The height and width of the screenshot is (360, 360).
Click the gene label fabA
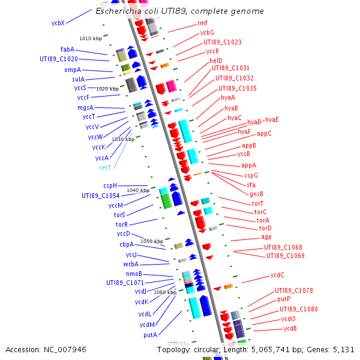pyautogui.click(x=67, y=49)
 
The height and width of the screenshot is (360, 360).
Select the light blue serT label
pyautogui.click(x=105, y=167)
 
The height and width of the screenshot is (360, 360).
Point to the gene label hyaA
pyautogui.click(x=228, y=97)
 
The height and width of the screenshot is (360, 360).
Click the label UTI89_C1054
pyautogui.click(x=100, y=196)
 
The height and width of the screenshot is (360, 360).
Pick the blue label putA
pyautogui.click(x=150, y=335)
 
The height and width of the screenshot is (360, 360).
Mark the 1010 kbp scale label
pyautogui.click(x=91, y=38)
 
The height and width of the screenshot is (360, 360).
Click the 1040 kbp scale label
pyautogui.click(x=137, y=190)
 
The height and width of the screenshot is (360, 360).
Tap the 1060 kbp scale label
pyautogui.click(x=165, y=292)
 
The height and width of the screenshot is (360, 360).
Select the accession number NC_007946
pyautogui.click(x=65, y=349)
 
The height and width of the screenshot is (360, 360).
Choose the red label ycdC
pyautogui.click(x=277, y=275)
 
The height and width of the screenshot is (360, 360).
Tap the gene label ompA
pyautogui.click(x=73, y=70)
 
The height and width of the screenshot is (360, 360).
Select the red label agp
pyautogui.click(x=266, y=237)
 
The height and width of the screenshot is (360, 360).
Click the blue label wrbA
pyautogui.click(x=131, y=264)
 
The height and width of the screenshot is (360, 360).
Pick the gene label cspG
pyautogui.click(x=251, y=175)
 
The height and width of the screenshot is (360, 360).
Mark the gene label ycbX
pyautogui.click(x=58, y=23)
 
